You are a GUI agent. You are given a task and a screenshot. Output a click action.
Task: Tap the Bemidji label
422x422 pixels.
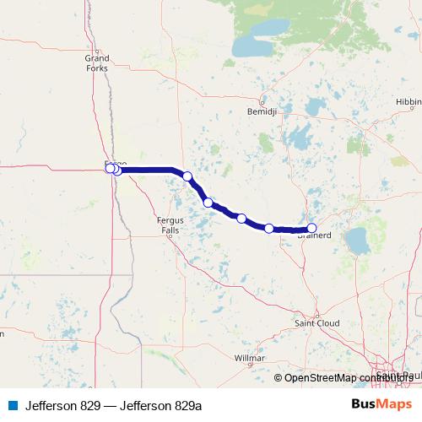[257, 111]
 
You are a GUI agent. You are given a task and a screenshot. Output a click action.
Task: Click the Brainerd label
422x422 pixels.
[313, 237]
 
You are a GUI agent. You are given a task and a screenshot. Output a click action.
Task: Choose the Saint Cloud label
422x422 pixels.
[316, 322]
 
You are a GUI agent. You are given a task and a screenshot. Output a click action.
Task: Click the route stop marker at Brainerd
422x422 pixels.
[311, 228]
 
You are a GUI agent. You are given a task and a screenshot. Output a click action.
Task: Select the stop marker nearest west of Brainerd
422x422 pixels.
[269, 228]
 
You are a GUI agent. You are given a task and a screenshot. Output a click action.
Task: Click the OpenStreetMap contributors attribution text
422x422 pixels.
[346, 377]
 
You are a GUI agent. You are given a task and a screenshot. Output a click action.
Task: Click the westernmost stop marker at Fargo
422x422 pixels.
[110, 168]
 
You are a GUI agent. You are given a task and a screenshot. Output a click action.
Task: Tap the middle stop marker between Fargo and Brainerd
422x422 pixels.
[208, 203]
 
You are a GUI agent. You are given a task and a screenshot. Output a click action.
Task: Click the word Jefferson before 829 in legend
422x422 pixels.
[50, 405]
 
